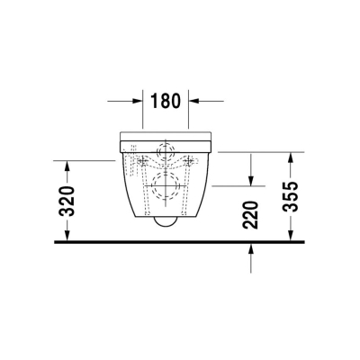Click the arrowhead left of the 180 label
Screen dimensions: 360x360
(138, 102)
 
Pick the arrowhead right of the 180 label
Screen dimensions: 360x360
(194, 102)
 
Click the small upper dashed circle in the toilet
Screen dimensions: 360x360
(166, 152)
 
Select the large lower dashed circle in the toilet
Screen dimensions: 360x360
(166, 189)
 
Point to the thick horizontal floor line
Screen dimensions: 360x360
(180, 241)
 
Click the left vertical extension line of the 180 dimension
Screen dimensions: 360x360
(144, 112)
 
